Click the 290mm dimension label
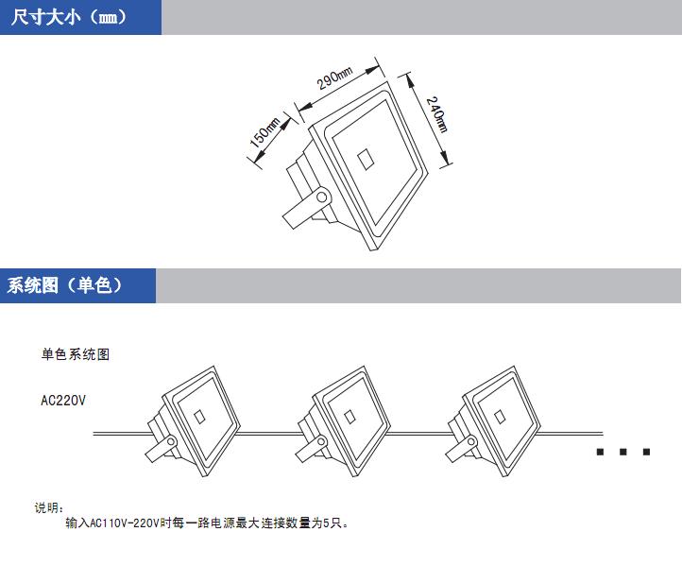pyautogui.click(x=334, y=77)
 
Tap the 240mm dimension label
pyautogui.click(x=436, y=114)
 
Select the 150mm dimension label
pyautogui.click(x=264, y=132)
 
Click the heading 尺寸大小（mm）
pyautogui.click(x=68, y=17)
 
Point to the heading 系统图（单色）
pyautogui.click(x=64, y=285)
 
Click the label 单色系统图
pyautogui.click(x=76, y=354)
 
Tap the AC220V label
pyautogui.click(x=63, y=401)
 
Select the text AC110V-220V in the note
pyautogui.click(x=124, y=523)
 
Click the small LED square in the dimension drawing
pyautogui.click(x=365, y=160)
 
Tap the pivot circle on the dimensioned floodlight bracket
pyautogui.click(x=322, y=197)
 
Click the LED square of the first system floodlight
pyautogui.click(x=199, y=417)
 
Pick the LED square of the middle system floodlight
pyautogui.click(x=350, y=417)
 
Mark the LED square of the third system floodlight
pyautogui.click(x=500, y=417)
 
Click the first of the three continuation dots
pyautogui.click(x=600, y=452)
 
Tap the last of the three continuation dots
pyautogui.click(x=646, y=452)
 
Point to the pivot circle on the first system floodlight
pyautogui.click(x=171, y=442)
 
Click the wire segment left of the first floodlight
pyautogui.click(x=122, y=434)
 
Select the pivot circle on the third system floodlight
pyautogui.click(x=471, y=442)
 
